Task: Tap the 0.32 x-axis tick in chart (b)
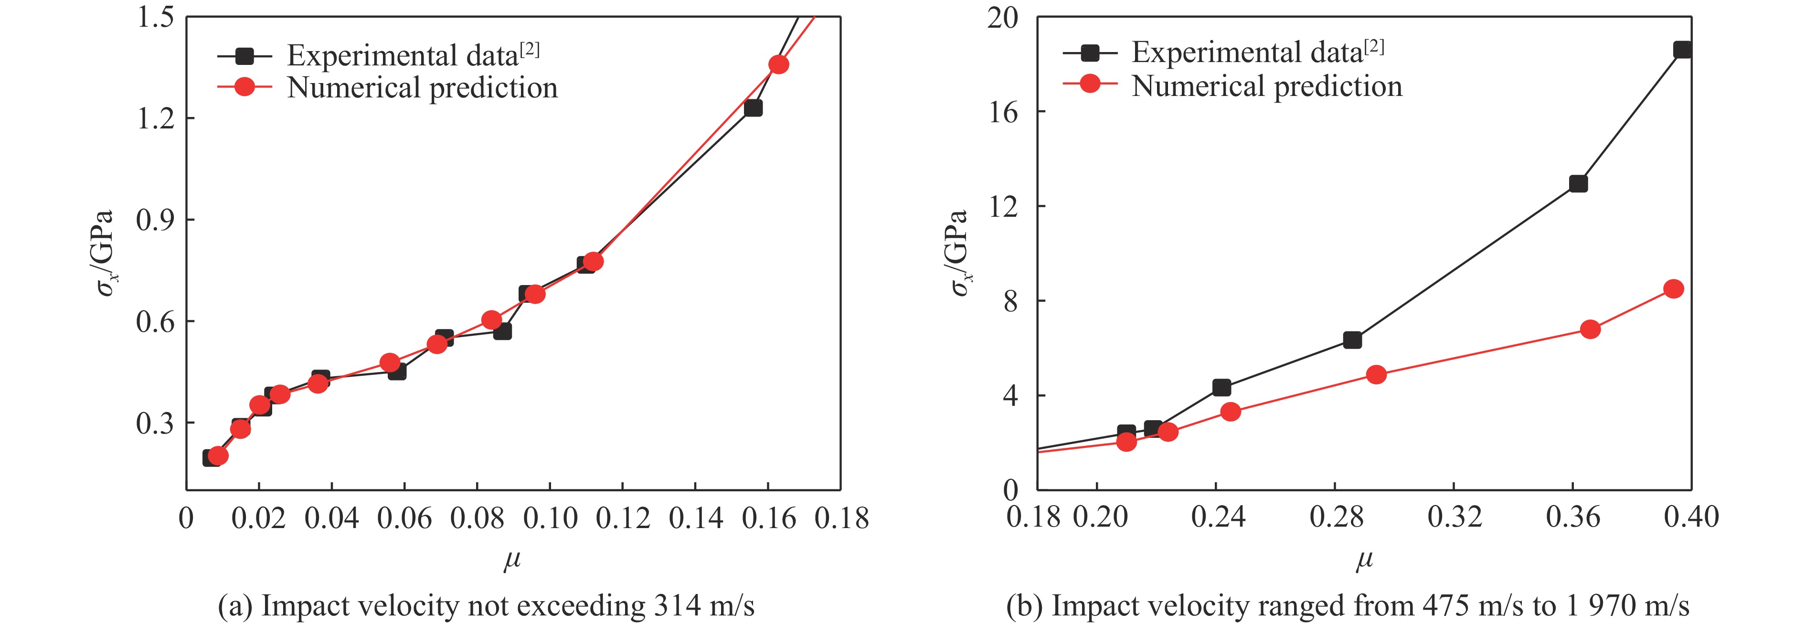pyautogui.click(x=1455, y=517)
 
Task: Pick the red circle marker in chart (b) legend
pyautogui.click(x=1090, y=84)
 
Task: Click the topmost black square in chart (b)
pyautogui.click(x=1682, y=50)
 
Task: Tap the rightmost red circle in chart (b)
pyautogui.click(x=1673, y=289)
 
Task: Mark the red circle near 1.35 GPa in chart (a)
pyautogui.click(x=778, y=64)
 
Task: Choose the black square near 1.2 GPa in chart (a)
pyautogui.click(x=753, y=108)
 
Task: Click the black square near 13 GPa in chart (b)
pyautogui.click(x=1578, y=183)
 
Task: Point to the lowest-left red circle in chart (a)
pyautogui.click(x=218, y=456)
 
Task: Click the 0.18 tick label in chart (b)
pyautogui.click(x=1033, y=517)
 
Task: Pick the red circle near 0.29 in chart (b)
pyautogui.click(x=1376, y=374)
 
